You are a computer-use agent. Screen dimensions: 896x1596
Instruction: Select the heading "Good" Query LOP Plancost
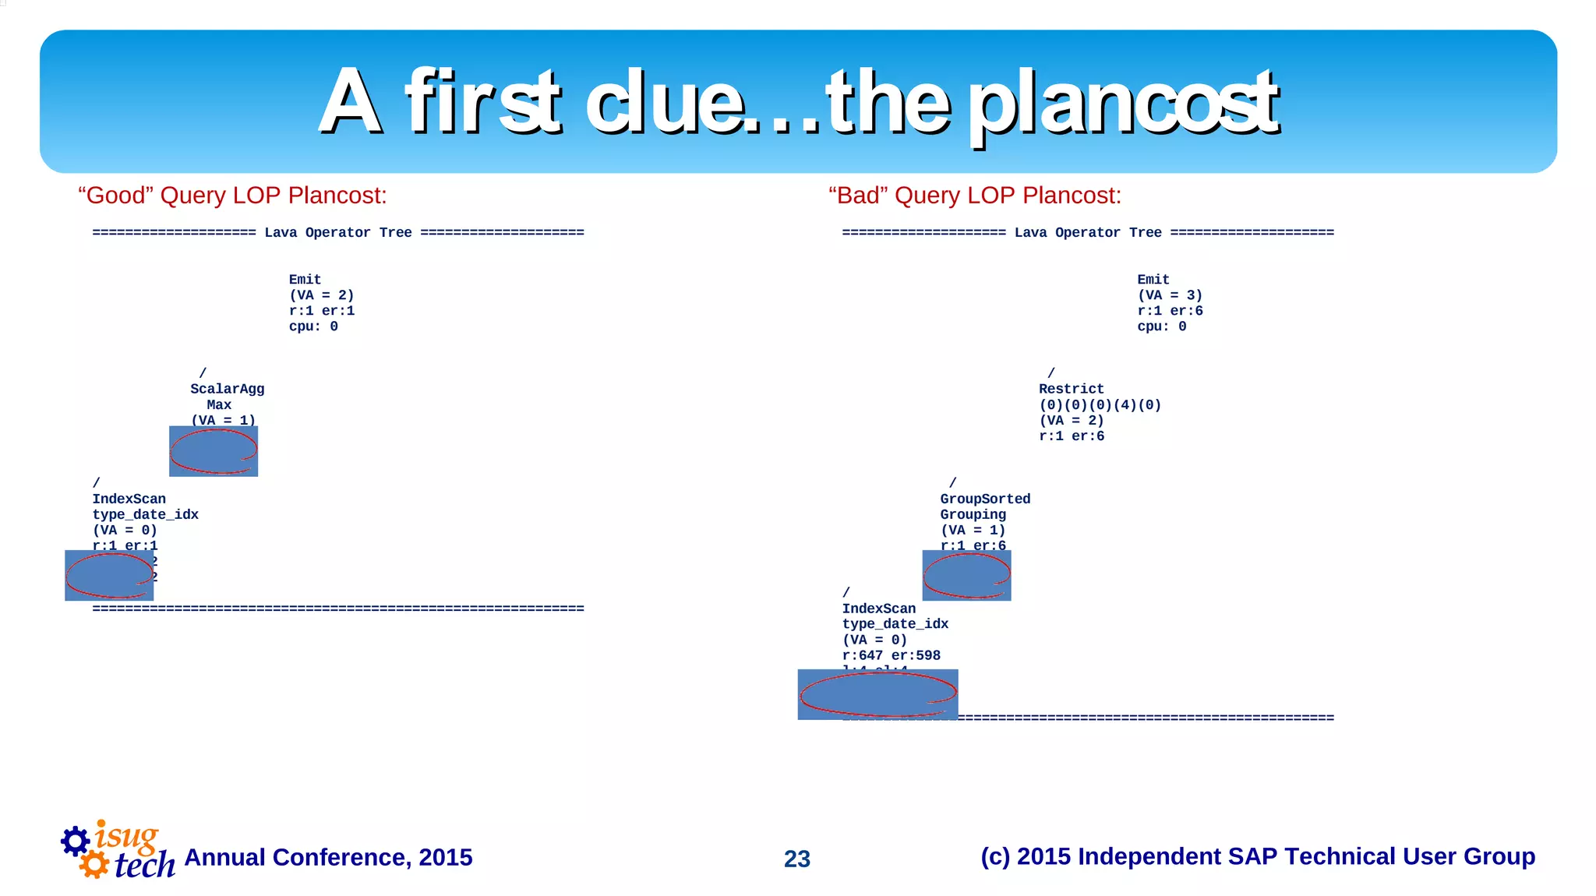coord(232,195)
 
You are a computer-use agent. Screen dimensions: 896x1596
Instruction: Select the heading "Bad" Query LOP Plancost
coord(974,195)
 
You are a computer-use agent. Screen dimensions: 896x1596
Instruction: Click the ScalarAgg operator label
coord(227,389)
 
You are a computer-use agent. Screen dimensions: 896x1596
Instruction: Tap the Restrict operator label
coord(1071,389)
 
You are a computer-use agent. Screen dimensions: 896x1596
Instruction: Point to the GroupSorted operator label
coord(984,499)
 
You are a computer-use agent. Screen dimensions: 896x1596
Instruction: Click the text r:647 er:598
coord(891,655)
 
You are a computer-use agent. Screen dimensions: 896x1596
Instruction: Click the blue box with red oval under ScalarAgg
coord(214,451)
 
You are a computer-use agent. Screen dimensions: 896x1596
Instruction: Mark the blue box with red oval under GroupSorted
coord(966,575)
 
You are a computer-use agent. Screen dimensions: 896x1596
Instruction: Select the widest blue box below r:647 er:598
coord(877,694)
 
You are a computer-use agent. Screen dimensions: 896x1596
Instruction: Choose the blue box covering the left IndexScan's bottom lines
coord(109,575)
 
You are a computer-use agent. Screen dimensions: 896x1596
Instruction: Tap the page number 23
coord(796,859)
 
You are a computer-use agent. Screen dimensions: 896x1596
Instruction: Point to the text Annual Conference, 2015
coord(328,857)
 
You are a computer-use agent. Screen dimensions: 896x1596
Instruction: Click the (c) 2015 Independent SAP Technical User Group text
coord(1257,856)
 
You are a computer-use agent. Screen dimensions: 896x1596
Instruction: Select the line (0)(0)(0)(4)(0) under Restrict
coord(1100,405)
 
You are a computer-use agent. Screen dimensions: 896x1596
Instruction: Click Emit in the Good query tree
coord(305,280)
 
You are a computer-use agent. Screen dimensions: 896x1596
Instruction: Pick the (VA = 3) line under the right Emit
coord(1170,295)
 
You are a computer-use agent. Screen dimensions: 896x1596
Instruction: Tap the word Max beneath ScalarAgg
coord(219,404)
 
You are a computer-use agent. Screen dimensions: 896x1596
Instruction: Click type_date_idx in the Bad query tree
coord(895,624)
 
